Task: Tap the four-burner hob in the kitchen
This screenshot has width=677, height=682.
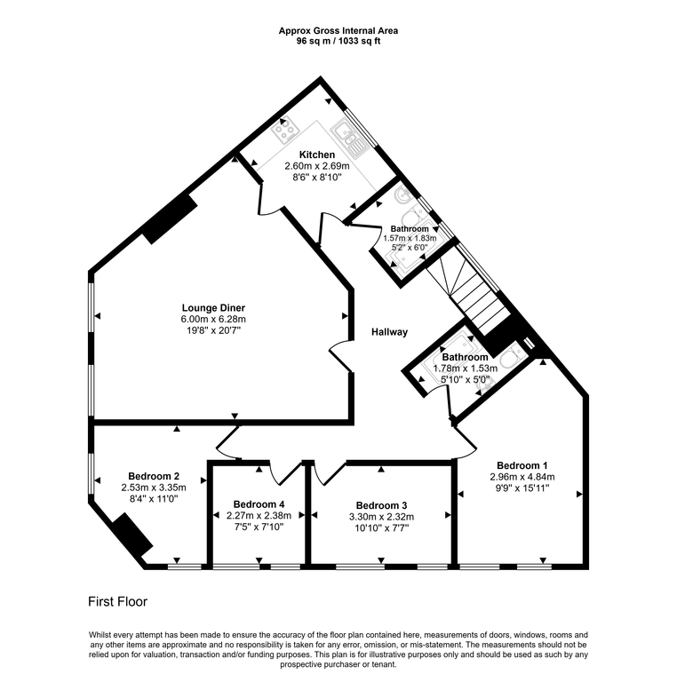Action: [x=284, y=132]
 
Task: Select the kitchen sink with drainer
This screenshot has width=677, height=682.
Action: [x=346, y=134]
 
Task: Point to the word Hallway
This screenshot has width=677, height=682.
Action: [x=389, y=332]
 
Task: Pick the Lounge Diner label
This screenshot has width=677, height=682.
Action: [x=213, y=307]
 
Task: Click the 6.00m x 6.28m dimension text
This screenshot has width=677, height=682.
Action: [x=213, y=319]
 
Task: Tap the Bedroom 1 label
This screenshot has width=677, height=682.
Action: [x=522, y=465]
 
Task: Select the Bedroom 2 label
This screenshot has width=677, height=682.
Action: [x=154, y=475]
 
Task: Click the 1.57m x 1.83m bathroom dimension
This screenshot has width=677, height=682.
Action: [x=410, y=238]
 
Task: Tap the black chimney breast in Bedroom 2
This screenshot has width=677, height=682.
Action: [x=130, y=535]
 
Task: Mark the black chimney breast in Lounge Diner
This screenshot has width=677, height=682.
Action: [x=169, y=218]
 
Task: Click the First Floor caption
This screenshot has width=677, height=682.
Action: [x=117, y=601]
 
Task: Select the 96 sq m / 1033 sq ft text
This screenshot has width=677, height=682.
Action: [x=338, y=40]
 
